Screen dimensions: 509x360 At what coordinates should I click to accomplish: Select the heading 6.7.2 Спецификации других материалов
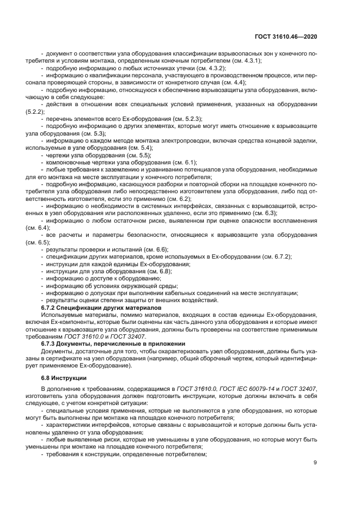point(101,308)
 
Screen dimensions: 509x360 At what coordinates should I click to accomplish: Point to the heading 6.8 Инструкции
point(64,378)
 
